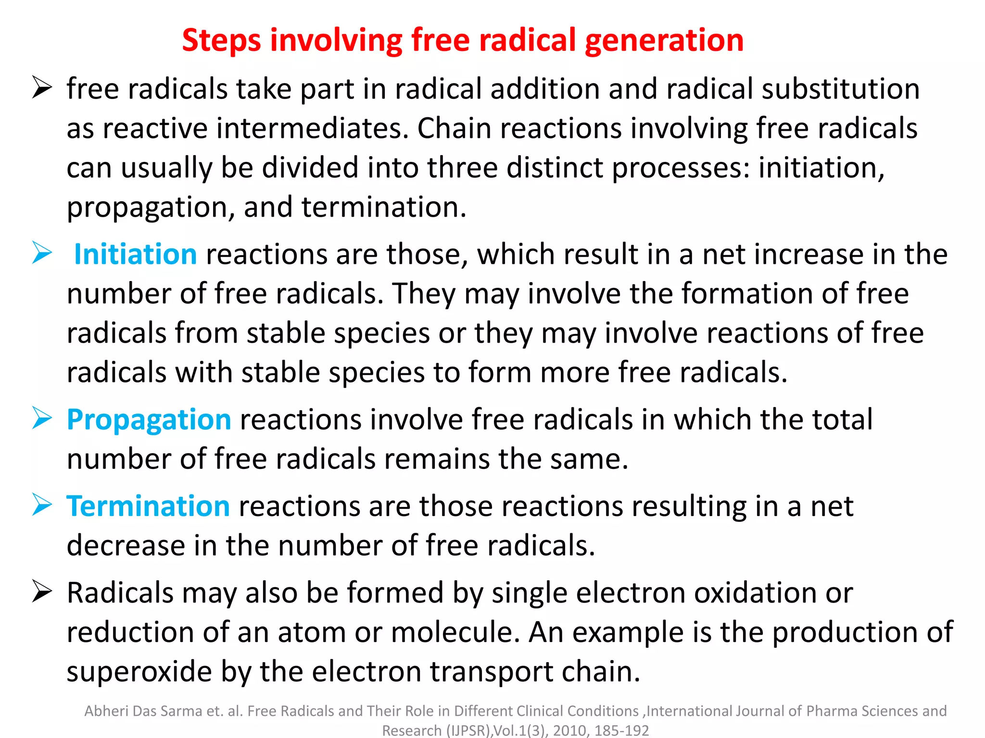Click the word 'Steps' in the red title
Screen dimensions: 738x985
tap(221, 40)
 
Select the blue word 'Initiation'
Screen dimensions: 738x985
tap(135, 254)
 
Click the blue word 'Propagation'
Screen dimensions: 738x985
tap(149, 419)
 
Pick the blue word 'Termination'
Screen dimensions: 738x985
tap(148, 506)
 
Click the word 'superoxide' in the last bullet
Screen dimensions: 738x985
tap(139, 671)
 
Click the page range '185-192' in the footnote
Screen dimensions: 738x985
tap(621, 730)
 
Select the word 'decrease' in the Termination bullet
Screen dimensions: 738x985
tap(126, 545)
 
